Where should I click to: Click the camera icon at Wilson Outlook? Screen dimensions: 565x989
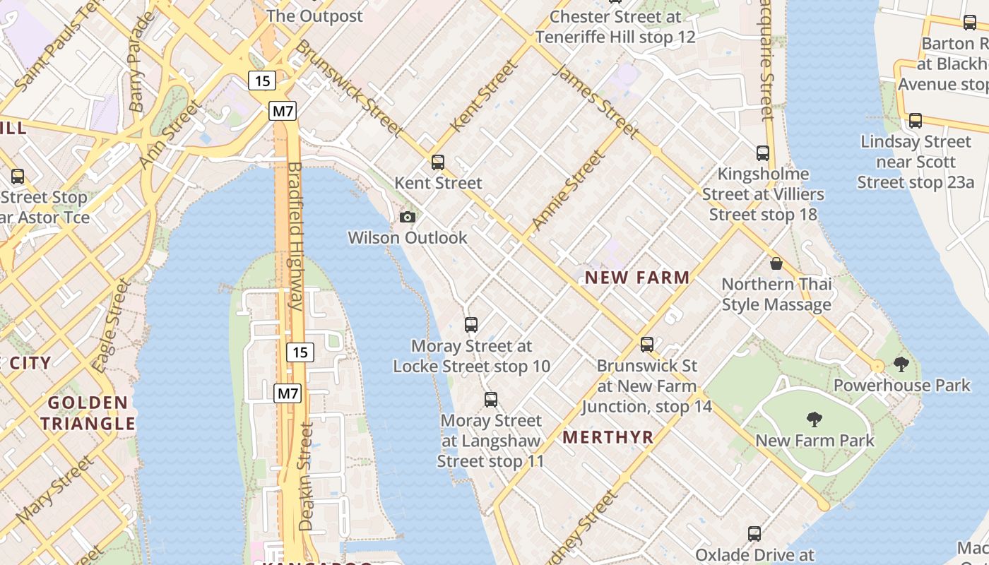408,217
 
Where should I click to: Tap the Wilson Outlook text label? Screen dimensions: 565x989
408,237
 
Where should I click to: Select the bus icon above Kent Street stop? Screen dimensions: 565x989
438,162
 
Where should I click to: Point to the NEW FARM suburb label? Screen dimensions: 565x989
637,278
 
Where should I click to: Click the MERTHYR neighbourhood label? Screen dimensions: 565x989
608,437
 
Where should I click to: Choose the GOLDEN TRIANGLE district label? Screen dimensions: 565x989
88,413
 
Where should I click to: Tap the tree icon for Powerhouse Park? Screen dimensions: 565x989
901,364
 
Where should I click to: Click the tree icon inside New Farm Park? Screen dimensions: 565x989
815,420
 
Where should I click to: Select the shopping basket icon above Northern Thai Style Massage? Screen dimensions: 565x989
776,263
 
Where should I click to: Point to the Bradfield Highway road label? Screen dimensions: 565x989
295,237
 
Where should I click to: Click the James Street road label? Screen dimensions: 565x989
595,101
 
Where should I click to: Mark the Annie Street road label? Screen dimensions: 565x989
568,191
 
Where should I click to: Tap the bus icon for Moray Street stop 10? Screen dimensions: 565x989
471,325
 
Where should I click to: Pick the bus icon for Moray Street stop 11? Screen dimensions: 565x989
491,400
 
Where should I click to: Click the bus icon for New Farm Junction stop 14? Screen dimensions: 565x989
647,345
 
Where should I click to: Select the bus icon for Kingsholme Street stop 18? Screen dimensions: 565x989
763,153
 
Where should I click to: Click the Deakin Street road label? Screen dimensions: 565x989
306,477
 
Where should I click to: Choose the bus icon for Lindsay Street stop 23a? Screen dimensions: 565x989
916,121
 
